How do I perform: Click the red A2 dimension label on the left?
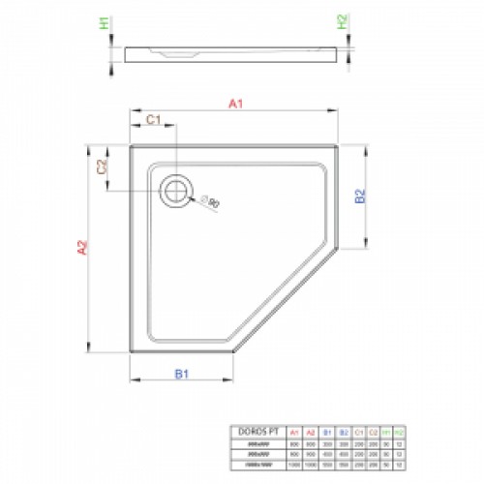pyautogui.click(x=83, y=250)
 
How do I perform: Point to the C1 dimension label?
pyautogui.click(x=152, y=119)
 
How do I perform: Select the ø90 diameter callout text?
pyautogui.click(x=211, y=202)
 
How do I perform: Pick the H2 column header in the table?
pyautogui.click(x=398, y=431)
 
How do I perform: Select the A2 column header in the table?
pyautogui.click(x=311, y=431)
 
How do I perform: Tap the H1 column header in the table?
pyautogui.click(x=384, y=431)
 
